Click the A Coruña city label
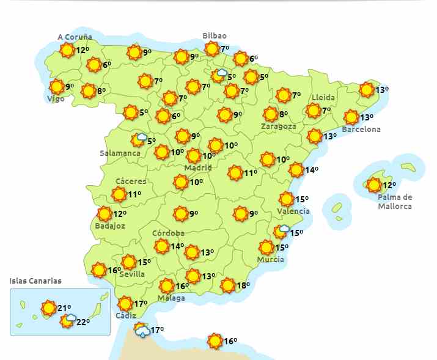click(75, 37)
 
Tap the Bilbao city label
click(215, 36)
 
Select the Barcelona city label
click(361, 130)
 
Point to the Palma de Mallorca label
click(395, 202)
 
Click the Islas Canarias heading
click(35, 281)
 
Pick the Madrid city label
click(198, 167)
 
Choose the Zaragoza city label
click(278, 127)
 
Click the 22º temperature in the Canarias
click(83, 322)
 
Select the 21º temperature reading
click(64, 308)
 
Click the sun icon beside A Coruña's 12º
click(68, 50)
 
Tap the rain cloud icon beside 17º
click(142, 331)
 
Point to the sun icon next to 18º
click(227, 285)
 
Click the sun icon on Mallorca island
click(373, 185)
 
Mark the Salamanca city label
click(120, 153)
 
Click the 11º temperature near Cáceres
click(134, 195)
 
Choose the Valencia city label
click(293, 211)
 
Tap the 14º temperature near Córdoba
click(177, 246)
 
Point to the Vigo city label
click(56, 99)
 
